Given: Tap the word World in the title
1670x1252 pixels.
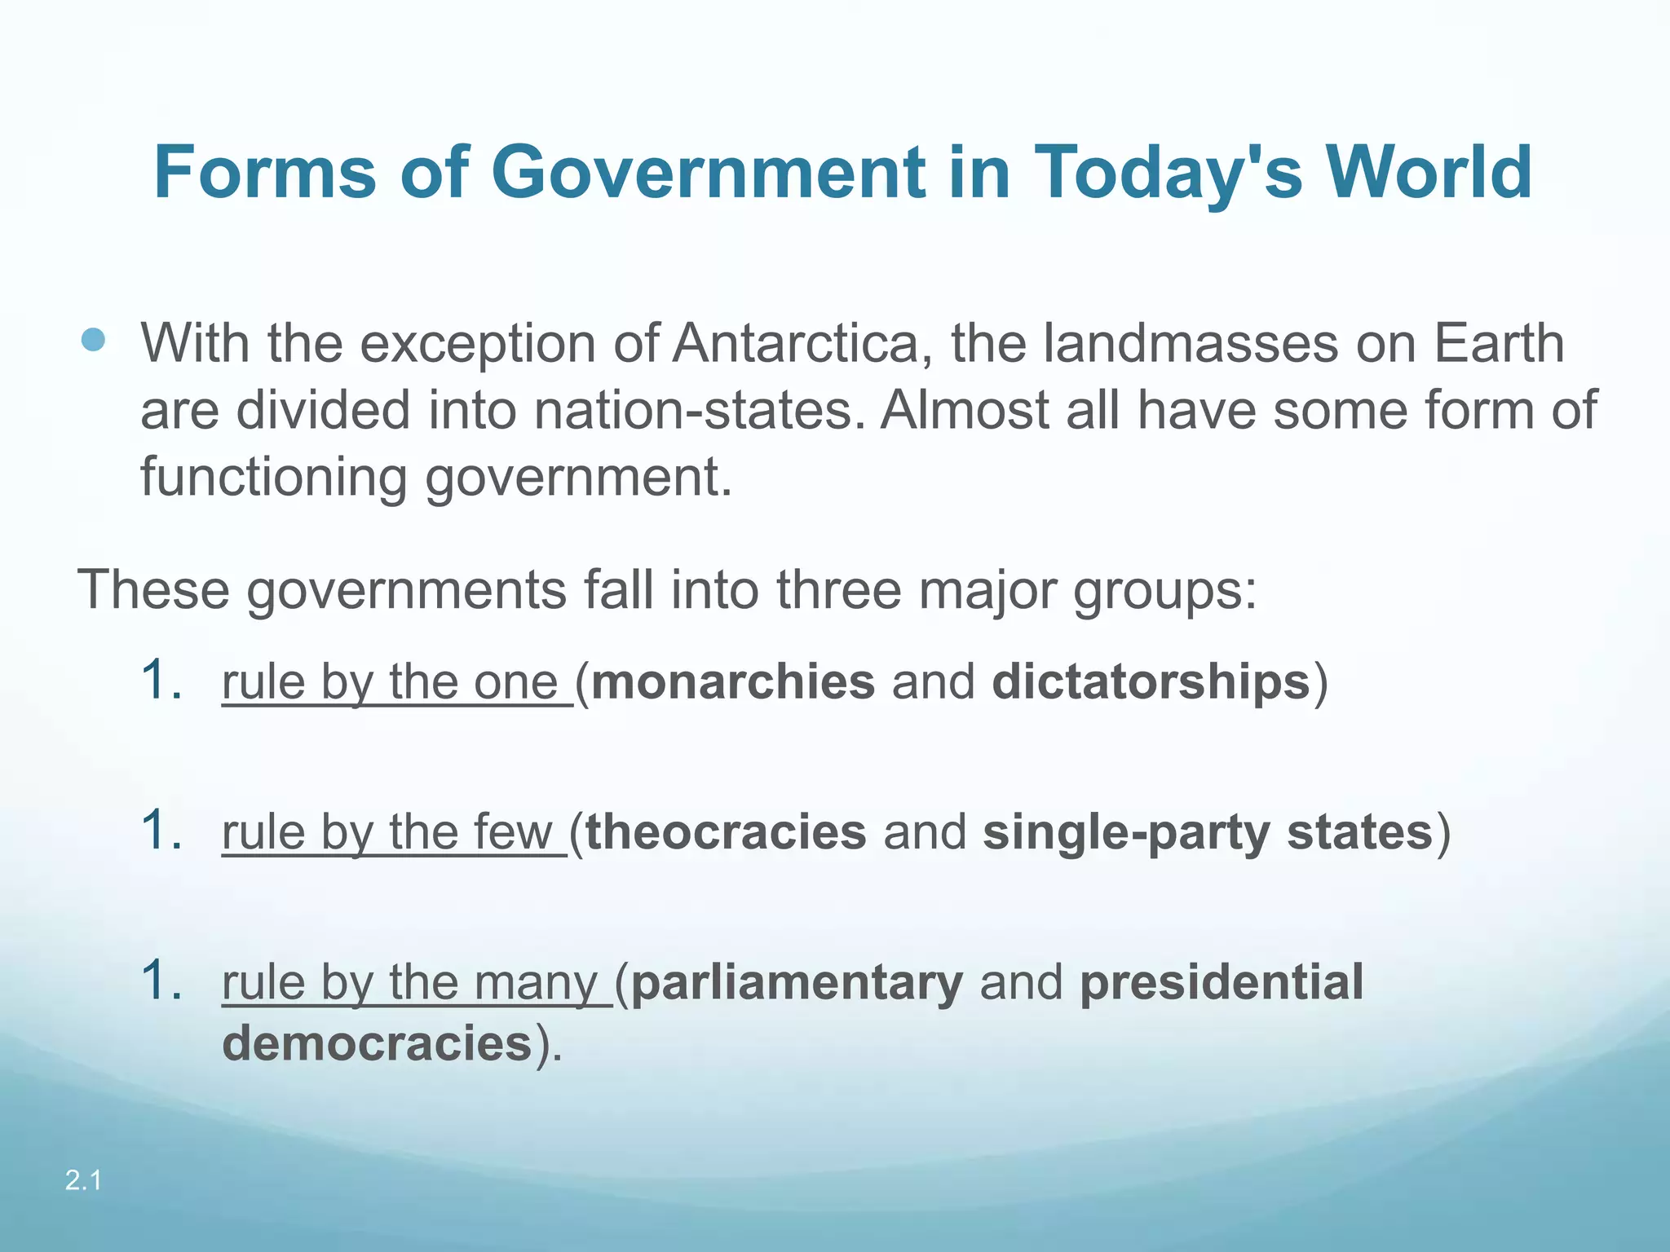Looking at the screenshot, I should (1429, 173).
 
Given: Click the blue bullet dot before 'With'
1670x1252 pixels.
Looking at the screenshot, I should (94, 340).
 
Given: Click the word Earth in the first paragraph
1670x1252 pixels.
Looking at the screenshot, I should (1499, 343).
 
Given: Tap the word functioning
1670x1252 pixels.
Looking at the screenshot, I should (274, 477).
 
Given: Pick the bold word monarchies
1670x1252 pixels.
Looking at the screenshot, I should (733, 681).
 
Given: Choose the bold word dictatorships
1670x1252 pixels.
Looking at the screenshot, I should (1151, 681).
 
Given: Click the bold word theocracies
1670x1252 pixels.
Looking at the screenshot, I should (726, 832).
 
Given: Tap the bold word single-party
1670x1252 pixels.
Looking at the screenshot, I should (1125, 832).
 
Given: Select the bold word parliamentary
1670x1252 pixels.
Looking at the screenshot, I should (797, 982).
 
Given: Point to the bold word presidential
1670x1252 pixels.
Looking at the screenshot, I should (1222, 982).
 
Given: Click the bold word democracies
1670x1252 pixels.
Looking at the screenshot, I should (377, 1044).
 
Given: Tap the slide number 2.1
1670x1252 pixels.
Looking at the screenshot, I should (83, 1179).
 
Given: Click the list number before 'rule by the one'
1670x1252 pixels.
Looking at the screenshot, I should (161, 680).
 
